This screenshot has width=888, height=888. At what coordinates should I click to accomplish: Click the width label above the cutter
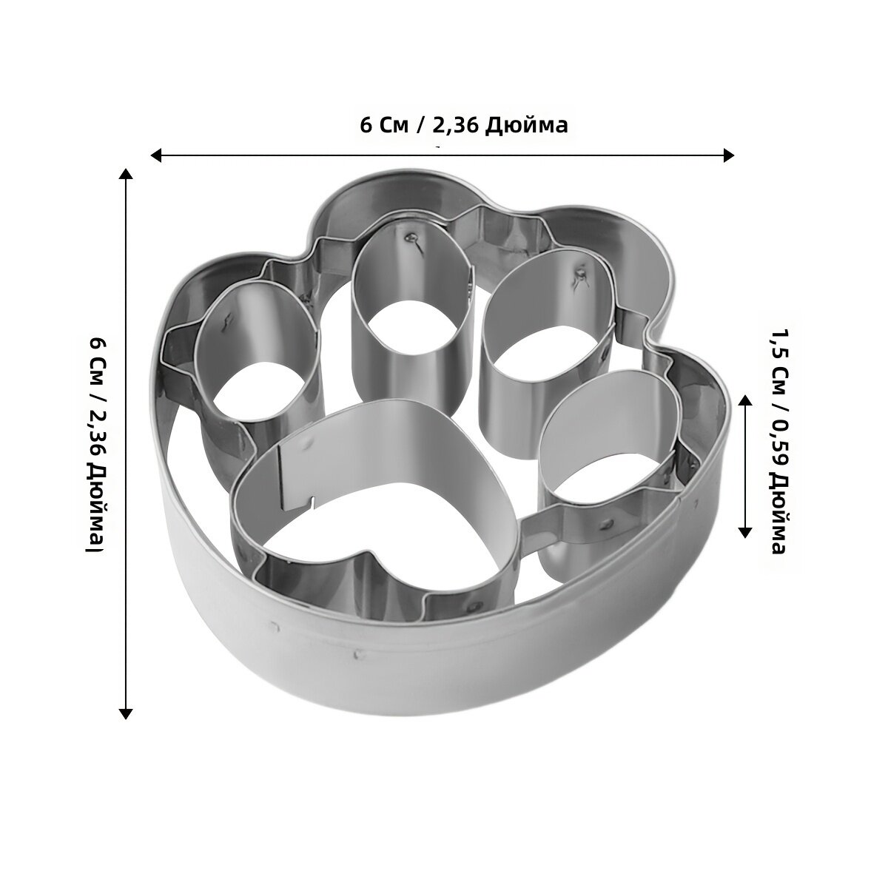pos(463,125)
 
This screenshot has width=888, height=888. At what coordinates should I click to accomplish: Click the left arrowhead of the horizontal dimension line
pos(156,155)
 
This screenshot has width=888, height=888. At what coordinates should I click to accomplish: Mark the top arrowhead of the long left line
pos(126,174)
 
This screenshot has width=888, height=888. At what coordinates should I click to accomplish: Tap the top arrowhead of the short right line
pos(745,400)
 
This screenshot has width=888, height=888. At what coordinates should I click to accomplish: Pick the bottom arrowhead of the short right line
pos(745,532)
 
